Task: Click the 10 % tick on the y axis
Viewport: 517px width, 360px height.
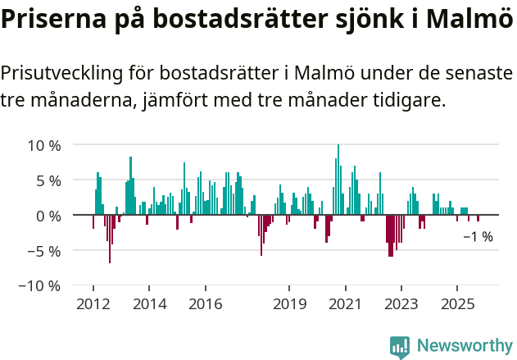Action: (x=44, y=146)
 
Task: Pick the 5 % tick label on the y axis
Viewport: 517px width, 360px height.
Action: (x=48, y=180)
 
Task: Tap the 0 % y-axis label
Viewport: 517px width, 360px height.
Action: (x=48, y=216)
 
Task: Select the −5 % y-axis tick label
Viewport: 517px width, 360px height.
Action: (x=44, y=251)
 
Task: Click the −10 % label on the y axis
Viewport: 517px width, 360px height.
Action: (x=40, y=286)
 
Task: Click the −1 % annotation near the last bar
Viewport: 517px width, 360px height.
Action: (x=478, y=237)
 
